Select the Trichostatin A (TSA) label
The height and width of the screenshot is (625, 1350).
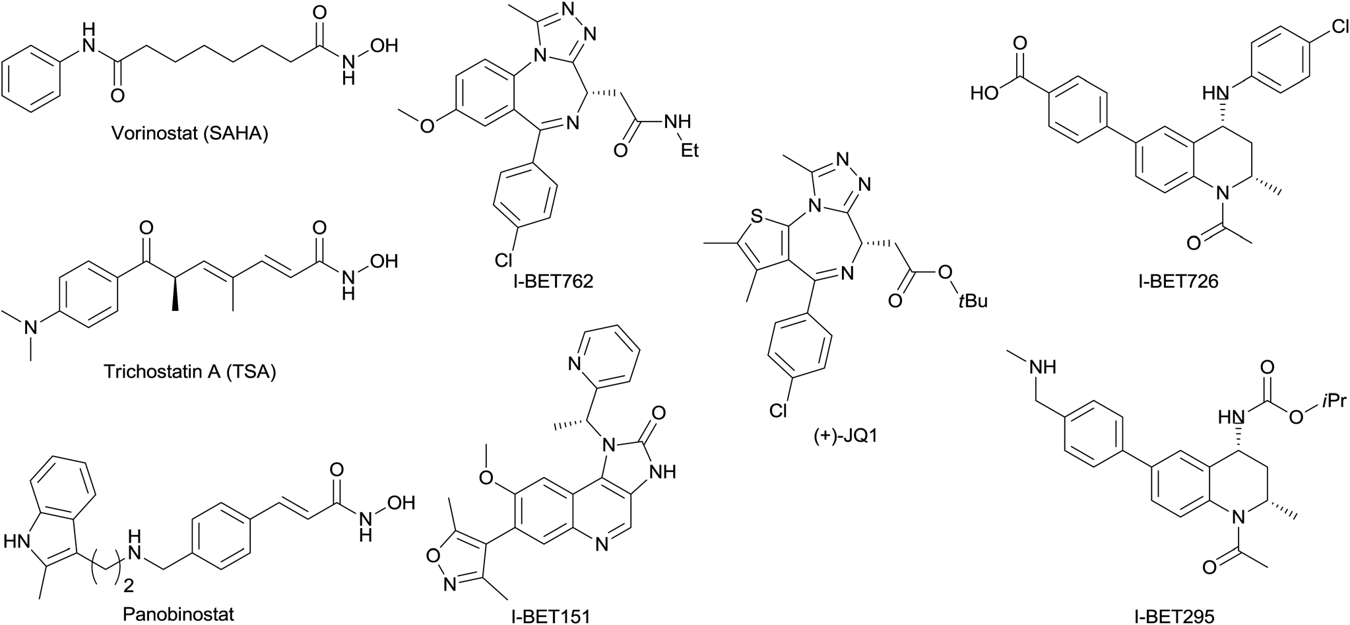pyautogui.click(x=190, y=372)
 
